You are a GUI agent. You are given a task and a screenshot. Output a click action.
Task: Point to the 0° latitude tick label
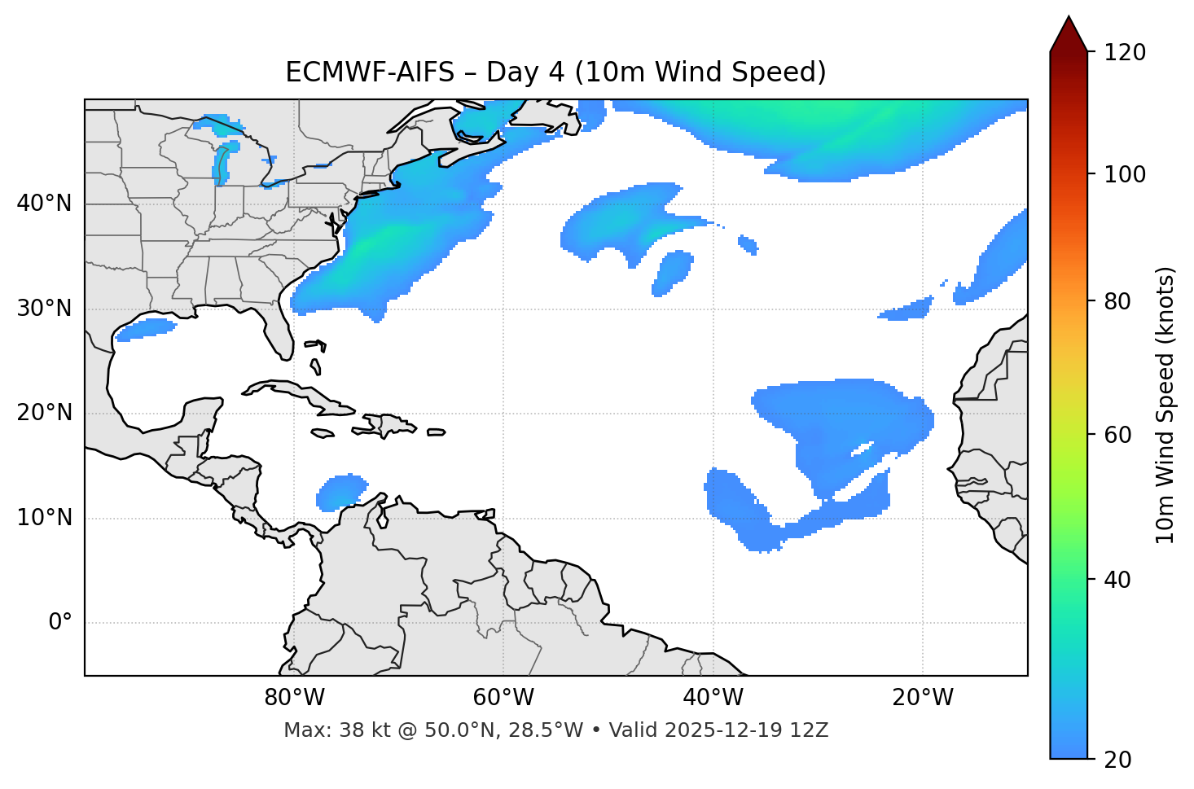coord(60,623)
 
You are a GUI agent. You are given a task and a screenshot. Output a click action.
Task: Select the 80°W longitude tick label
coord(294,698)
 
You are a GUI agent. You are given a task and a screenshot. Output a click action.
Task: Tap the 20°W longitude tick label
coord(923,698)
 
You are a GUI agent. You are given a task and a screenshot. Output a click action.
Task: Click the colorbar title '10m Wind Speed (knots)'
coord(1165,405)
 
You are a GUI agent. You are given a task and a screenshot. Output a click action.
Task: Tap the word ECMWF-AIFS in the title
coord(370,72)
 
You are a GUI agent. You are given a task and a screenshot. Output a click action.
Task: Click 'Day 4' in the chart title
coord(523,72)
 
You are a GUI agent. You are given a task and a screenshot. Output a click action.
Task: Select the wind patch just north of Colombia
coord(341,492)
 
